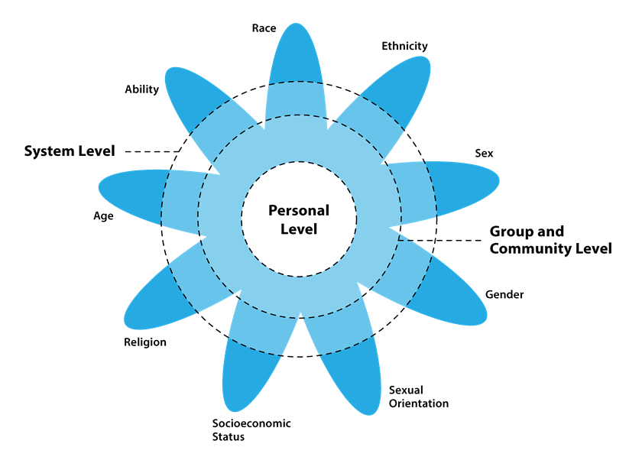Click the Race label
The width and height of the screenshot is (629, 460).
point(264,28)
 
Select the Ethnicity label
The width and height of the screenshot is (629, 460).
point(404,46)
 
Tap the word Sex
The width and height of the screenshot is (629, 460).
point(484,153)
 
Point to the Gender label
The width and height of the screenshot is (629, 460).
point(504,295)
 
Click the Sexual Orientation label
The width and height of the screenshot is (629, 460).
point(418,397)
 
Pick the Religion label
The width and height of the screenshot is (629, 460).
point(145,342)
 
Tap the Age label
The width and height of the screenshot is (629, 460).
point(103,216)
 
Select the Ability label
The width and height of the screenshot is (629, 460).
point(141,89)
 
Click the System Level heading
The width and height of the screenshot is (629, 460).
point(70,151)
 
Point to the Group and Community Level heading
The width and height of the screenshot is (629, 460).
point(550,240)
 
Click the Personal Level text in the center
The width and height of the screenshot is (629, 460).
point(299,219)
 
